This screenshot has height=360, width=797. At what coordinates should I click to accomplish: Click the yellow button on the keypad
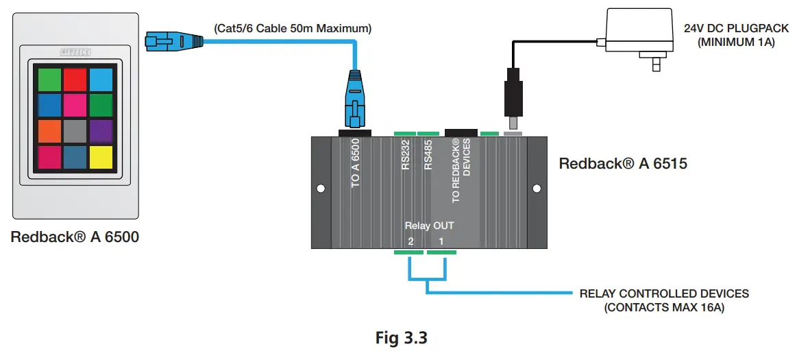click(100, 157)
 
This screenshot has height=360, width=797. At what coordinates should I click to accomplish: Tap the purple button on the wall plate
click(100, 131)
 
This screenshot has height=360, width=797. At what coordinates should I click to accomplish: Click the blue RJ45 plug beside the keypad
click(164, 42)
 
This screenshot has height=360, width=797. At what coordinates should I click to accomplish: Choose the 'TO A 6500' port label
click(355, 163)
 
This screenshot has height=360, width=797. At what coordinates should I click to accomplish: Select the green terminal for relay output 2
click(409, 252)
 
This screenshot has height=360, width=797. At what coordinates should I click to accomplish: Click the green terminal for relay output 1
click(441, 252)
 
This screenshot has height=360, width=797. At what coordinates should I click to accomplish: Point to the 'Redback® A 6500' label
click(75, 238)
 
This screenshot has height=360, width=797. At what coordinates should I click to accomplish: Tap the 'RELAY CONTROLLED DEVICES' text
click(664, 293)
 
